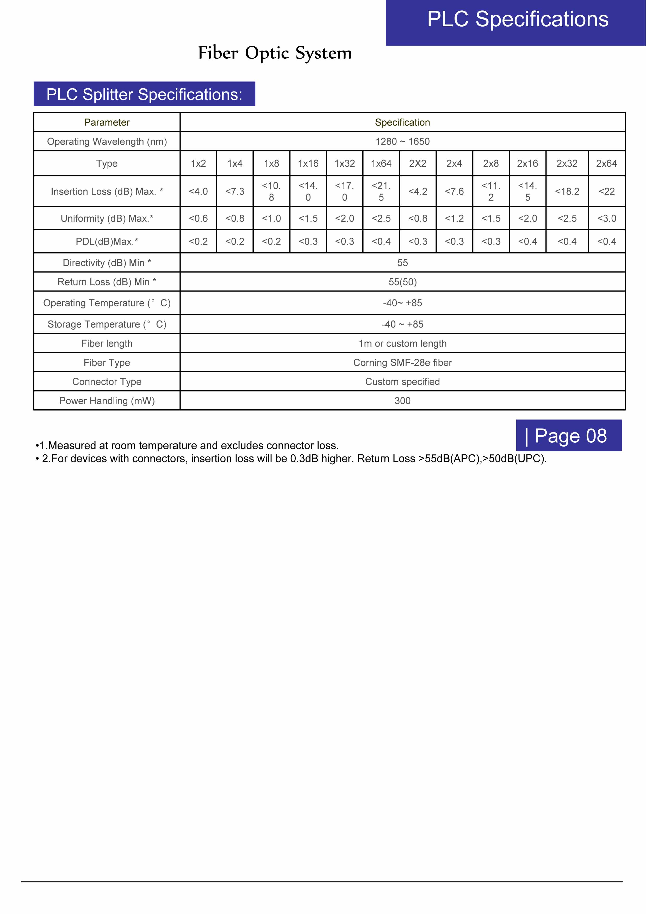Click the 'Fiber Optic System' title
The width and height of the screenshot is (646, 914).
pos(275,53)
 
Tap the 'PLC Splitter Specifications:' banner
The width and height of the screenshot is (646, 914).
pos(144,94)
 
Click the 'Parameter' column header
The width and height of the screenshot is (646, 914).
pos(107,122)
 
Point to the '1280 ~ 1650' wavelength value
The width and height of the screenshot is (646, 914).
pos(402,141)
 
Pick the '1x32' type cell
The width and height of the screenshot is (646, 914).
pos(344,163)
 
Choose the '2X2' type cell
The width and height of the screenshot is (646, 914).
pos(418,163)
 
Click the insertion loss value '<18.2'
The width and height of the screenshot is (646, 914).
pos(567,192)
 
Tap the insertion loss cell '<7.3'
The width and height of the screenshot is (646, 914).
pos(235,192)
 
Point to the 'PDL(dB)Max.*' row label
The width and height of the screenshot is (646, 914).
pos(107,241)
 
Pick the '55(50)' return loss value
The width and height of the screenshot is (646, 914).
pos(402,282)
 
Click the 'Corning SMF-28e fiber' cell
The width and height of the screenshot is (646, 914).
pos(402,362)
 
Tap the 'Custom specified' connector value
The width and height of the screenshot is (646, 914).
pos(402,381)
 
